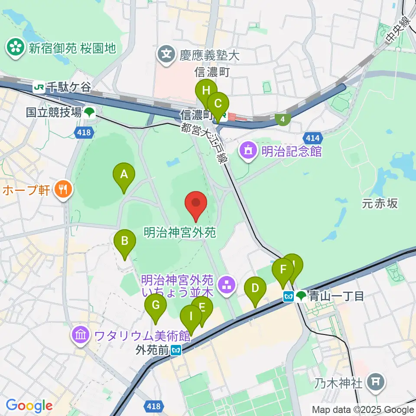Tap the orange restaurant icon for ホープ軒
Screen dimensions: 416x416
[x=63, y=189]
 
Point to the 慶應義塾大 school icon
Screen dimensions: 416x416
[x=167, y=55]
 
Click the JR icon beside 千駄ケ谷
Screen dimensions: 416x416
[x=39, y=88]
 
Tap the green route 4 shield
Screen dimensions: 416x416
[x=283, y=118]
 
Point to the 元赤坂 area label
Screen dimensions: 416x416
[x=380, y=203]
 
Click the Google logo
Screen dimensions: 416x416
[x=29, y=406]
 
